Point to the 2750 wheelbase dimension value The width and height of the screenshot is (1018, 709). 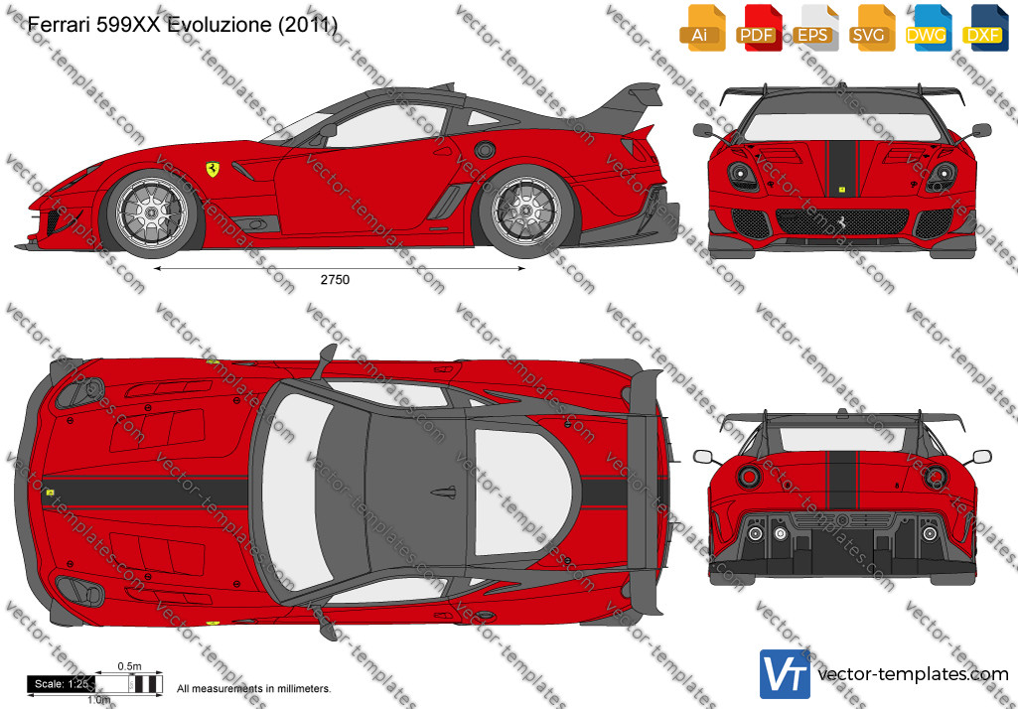pyautogui.click(x=335, y=280)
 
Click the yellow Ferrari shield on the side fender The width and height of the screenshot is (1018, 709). pyautogui.click(x=213, y=169)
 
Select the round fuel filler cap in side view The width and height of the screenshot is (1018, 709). pyautogui.click(x=485, y=150)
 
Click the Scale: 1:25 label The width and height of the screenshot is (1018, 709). pyautogui.click(x=61, y=683)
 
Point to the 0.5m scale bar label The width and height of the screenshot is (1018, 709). pyautogui.click(x=129, y=666)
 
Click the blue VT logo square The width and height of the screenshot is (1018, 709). pyautogui.click(x=785, y=674)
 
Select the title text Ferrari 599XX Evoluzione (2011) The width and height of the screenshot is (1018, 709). pyautogui.click(x=183, y=25)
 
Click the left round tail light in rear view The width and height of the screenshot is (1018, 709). pyautogui.click(x=749, y=477)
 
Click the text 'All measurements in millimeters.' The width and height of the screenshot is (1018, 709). pyautogui.click(x=254, y=688)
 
